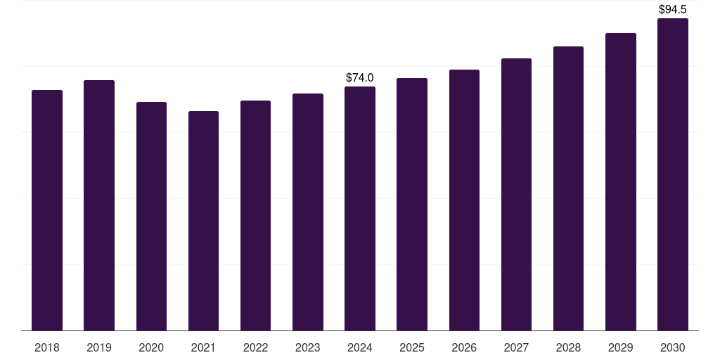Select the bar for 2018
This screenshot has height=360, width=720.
click(47, 210)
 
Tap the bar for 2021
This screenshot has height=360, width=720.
click(203, 221)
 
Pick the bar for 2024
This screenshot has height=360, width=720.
click(360, 209)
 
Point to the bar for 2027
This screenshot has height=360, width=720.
click(516, 195)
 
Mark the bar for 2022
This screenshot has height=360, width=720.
click(255, 216)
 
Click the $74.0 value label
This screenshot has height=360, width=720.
click(360, 77)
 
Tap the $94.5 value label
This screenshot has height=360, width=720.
click(673, 10)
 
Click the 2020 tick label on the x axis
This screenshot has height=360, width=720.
click(151, 347)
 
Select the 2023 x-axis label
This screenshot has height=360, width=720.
click(308, 347)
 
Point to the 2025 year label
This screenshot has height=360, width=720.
click(412, 347)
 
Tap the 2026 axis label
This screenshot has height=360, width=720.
click(464, 347)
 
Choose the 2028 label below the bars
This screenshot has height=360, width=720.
click(568, 347)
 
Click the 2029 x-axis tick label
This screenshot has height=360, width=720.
click(620, 347)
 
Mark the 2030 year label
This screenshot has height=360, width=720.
click(673, 347)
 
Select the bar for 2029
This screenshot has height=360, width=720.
click(621, 182)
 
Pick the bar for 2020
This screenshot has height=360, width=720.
click(151, 217)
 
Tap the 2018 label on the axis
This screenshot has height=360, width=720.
click(47, 347)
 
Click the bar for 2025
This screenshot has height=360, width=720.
click(412, 205)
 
